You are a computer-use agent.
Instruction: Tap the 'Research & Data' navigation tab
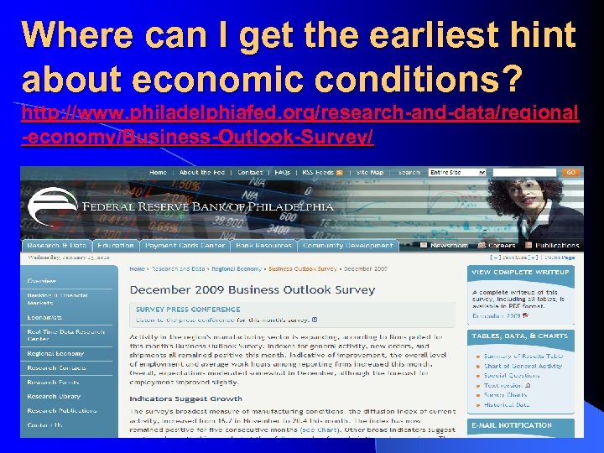(x=56, y=246)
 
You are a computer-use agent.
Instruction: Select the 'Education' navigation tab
(x=116, y=246)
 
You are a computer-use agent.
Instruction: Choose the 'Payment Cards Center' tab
(x=185, y=246)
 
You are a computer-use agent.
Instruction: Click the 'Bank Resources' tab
(x=263, y=246)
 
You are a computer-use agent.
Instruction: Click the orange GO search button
(x=570, y=172)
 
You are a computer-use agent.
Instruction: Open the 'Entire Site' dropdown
(x=457, y=172)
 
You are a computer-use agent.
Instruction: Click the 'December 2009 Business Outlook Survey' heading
(x=252, y=289)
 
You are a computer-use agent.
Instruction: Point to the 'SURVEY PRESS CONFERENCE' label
(x=188, y=310)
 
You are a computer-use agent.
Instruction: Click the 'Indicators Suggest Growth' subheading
(x=185, y=398)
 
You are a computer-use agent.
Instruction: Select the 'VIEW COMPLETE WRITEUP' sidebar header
(x=520, y=273)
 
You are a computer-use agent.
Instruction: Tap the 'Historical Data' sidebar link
(x=506, y=404)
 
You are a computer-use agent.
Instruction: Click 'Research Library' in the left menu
(x=54, y=396)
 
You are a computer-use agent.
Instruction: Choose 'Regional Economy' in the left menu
(x=55, y=354)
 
